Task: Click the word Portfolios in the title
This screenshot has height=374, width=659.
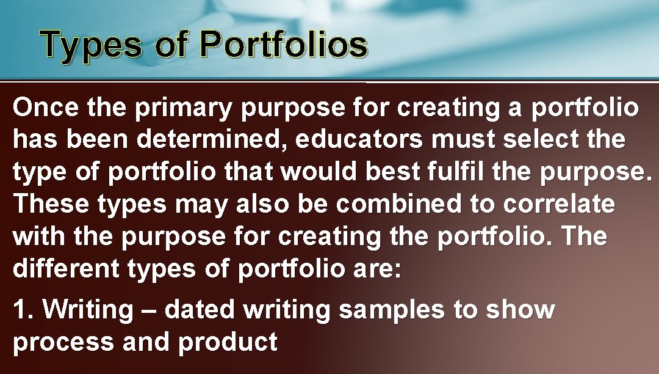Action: (283, 45)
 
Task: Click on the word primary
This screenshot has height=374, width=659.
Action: (183, 109)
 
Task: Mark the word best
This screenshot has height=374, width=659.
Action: (392, 172)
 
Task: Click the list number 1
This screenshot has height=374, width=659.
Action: (23, 310)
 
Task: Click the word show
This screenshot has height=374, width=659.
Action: (519, 310)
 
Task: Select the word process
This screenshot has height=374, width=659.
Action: (63, 343)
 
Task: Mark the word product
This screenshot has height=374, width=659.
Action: (227, 343)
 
